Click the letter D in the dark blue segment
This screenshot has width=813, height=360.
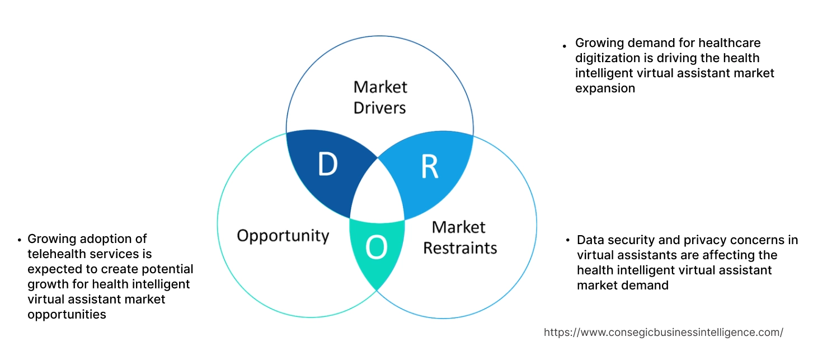coord(327,164)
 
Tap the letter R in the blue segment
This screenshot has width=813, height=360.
coord(429,167)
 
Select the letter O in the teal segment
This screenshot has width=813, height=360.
coord(376,249)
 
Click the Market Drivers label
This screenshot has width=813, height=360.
coord(380,97)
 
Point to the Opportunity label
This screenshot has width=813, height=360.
coord(283,235)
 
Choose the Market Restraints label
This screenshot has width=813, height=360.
coord(459,237)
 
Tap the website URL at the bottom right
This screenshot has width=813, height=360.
coord(663,332)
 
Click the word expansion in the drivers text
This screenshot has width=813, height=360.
coord(605,88)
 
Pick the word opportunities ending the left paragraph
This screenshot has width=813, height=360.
coord(67,315)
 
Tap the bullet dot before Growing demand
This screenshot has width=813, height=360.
coord(565,44)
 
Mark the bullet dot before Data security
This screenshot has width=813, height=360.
coord(568,241)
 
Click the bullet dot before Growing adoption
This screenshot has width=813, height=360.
coord(19,240)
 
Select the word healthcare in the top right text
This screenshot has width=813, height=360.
coord(730,43)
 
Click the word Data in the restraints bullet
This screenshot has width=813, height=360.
coord(589,240)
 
